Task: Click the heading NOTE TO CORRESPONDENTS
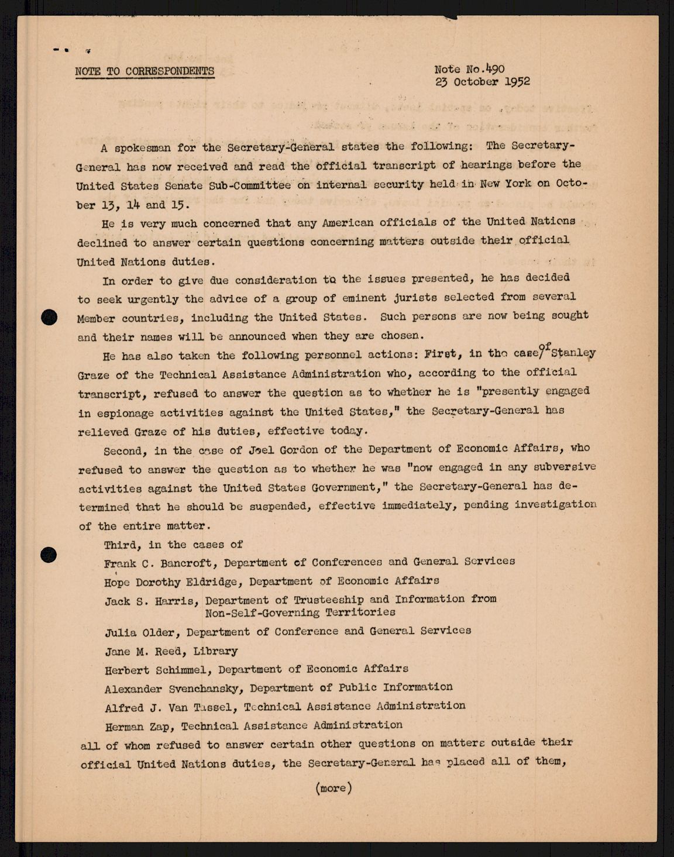point(145,71)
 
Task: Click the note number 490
point(494,68)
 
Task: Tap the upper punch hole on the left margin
point(50,317)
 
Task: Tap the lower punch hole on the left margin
point(49,554)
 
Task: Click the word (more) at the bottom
point(333,788)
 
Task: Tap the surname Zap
point(164,727)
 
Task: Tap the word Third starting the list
point(122,545)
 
